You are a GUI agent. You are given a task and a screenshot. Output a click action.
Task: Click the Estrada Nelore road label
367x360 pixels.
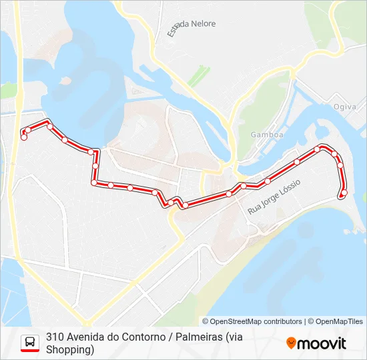pyautogui.click(x=191, y=27)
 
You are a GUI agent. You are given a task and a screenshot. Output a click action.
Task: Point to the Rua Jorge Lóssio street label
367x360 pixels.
pyautogui.click(x=274, y=196)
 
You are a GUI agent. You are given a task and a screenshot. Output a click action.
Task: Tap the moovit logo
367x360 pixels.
pyautogui.click(x=316, y=343)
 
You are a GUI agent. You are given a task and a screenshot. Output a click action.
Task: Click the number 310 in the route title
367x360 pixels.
pyautogui.click(x=55, y=337)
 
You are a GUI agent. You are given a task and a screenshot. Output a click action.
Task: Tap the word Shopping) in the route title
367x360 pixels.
pyautogui.click(x=70, y=349)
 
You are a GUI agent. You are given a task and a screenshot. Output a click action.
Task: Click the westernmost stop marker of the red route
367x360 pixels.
pyautogui.click(x=24, y=137)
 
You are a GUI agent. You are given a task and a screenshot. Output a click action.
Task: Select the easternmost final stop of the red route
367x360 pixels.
pyautogui.click(x=344, y=193)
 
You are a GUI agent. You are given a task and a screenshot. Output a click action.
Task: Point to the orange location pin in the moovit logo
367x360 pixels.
pyautogui.click(x=291, y=343)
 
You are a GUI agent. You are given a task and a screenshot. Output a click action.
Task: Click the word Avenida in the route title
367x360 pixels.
pyautogui.click(x=88, y=337)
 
